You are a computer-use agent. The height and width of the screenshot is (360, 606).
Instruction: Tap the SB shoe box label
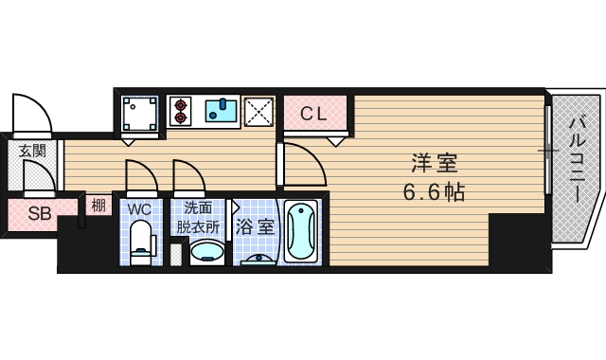pyautogui.click(x=38, y=212)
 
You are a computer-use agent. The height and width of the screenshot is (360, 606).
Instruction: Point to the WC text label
pyautogui.click(x=138, y=207)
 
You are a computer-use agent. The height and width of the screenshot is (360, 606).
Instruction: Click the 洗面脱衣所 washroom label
pyautogui.click(x=199, y=217)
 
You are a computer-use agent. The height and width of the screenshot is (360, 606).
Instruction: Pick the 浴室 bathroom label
pyautogui.click(x=255, y=226)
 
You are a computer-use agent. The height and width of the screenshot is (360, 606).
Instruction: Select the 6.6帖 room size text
pyautogui.click(x=433, y=192)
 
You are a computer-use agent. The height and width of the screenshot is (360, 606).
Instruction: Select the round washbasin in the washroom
pyautogui.click(x=207, y=252)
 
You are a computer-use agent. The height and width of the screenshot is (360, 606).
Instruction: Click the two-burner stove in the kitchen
pyautogui.click(x=181, y=112)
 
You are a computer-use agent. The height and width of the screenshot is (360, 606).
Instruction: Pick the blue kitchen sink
pyautogui.click(x=223, y=111)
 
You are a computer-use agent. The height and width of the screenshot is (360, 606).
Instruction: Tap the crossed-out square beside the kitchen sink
pyautogui.click(x=258, y=112)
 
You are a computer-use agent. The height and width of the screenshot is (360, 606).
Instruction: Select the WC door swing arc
pyautogui.click(x=139, y=174)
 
